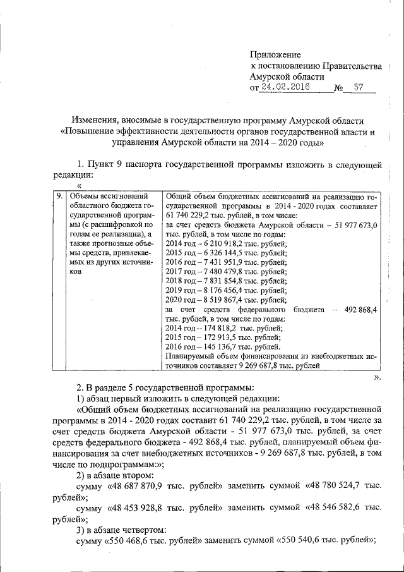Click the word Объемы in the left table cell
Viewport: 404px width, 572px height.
84,197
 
